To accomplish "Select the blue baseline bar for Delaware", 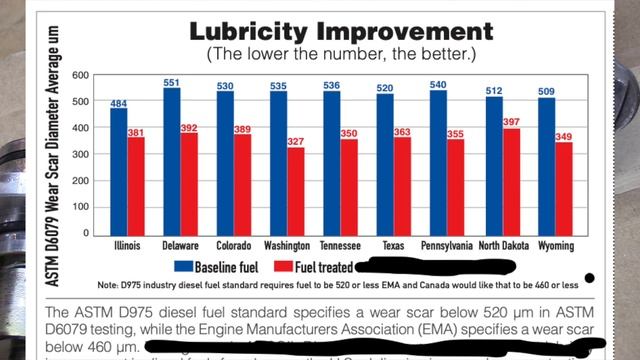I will (172, 160).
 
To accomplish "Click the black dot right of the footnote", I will (590, 278).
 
